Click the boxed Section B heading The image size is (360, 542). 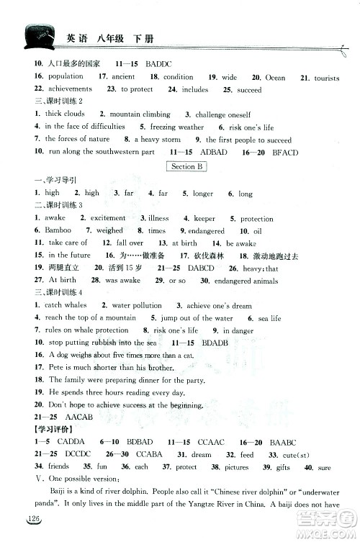184,166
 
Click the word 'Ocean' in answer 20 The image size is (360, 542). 276,77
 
